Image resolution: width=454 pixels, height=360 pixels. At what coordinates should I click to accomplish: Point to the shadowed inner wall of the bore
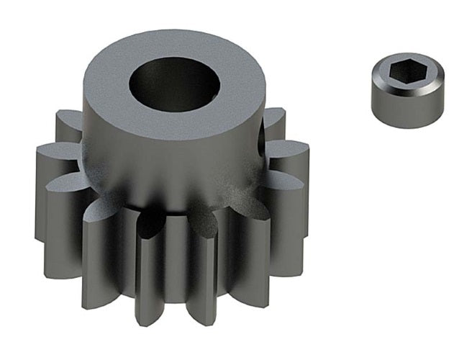pyautogui.click(x=155, y=79)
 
